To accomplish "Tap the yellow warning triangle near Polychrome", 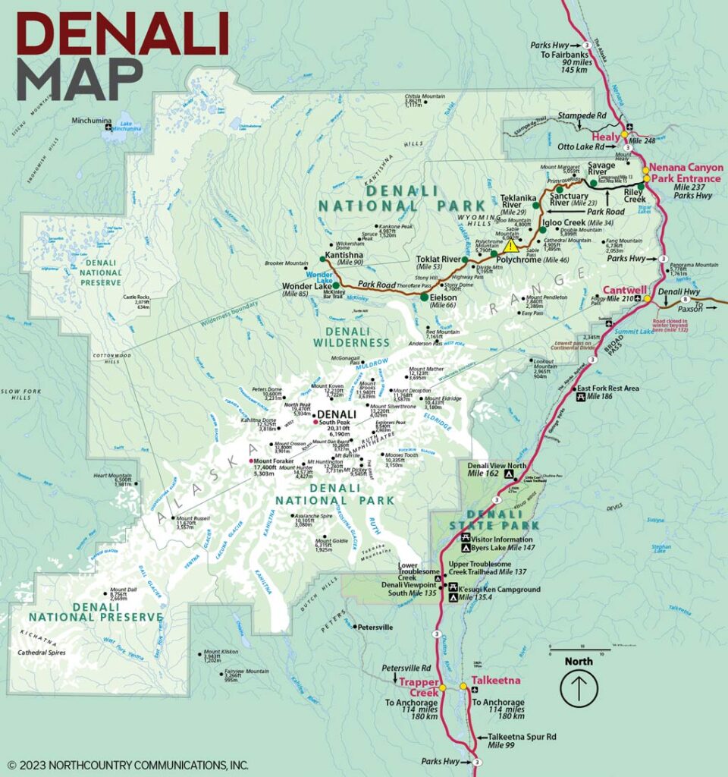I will [511, 246].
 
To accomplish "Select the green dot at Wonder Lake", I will [336, 286].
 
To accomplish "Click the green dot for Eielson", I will [424, 297].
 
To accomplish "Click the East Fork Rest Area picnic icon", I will [581, 396].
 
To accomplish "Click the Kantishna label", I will [344, 255].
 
